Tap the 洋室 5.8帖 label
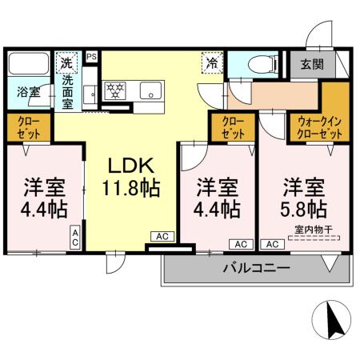tap(303, 199)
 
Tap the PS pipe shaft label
tap(91, 57)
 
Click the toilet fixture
tap(256, 66)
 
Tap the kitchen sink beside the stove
tap(149, 91)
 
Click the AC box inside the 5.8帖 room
tap(271, 244)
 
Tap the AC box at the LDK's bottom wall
tap(160, 237)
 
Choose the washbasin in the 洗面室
tap(90, 91)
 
